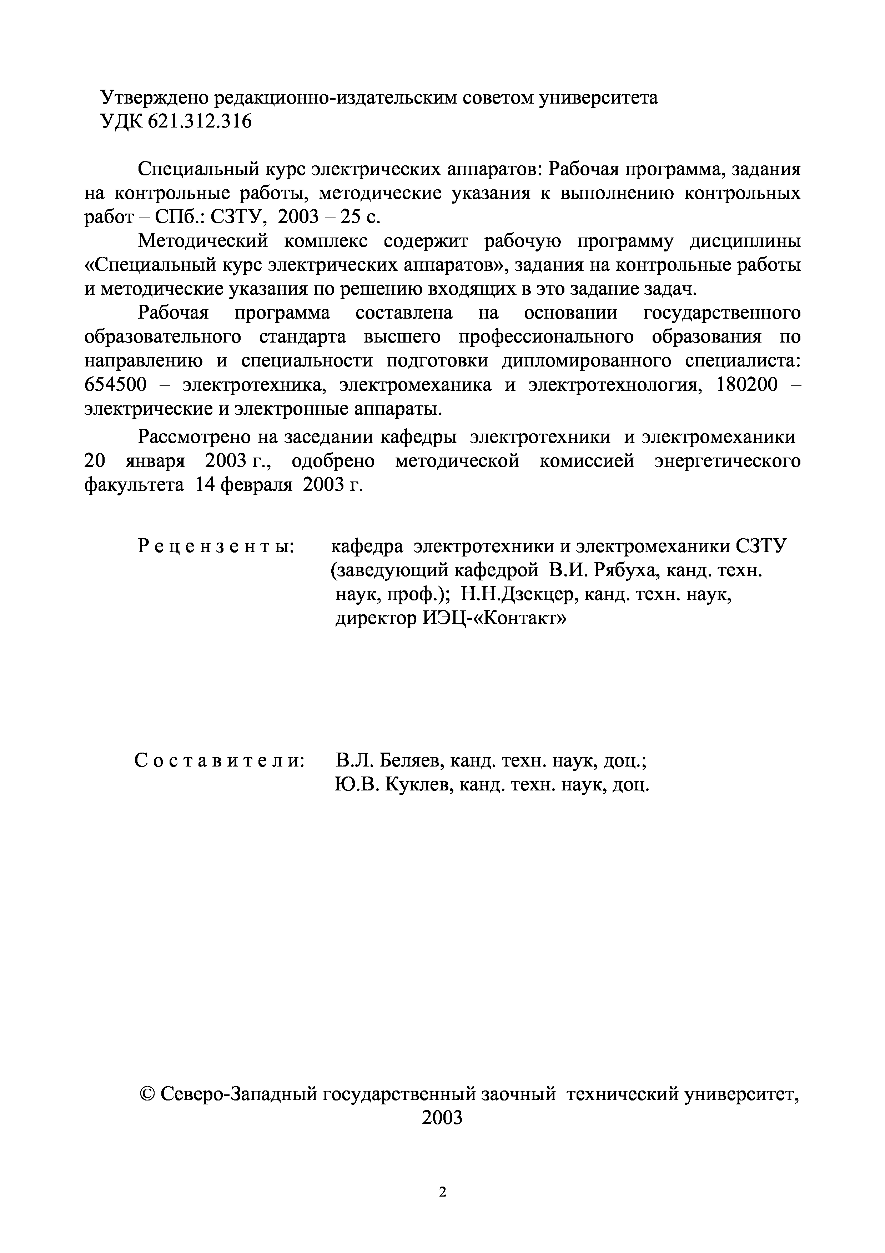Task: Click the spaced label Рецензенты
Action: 216,546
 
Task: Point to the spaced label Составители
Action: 219,760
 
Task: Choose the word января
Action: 155,461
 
